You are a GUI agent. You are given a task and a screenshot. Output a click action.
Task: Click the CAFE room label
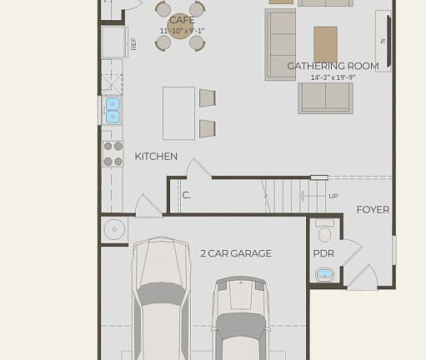click(181, 20)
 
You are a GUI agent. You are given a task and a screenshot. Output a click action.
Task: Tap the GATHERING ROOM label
click(333, 66)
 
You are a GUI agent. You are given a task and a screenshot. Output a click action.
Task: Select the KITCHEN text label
click(156, 156)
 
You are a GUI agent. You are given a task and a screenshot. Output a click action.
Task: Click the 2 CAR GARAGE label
click(235, 253)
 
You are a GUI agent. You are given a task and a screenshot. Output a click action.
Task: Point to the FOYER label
click(373, 210)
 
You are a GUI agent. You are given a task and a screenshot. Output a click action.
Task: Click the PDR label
click(323, 253)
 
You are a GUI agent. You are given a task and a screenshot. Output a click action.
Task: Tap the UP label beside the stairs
click(333, 197)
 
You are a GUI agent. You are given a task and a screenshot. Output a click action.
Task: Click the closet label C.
click(186, 196)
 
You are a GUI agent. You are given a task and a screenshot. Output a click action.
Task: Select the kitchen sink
click(113, 110)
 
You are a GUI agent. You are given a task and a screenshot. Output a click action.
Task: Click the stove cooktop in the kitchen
click(113, 153)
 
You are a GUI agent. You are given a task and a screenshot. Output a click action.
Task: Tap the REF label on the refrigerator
click(133, 43)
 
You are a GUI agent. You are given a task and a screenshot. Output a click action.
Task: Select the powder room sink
click(324, 274)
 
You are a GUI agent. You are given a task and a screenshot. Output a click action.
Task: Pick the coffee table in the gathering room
click(325, 44)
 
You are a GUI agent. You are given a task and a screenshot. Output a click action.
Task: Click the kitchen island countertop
click(178, 112)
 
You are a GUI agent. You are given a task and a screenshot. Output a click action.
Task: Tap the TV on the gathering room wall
click(383, 40)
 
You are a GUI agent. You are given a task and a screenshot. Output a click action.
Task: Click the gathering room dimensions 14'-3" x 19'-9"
click(333, 77)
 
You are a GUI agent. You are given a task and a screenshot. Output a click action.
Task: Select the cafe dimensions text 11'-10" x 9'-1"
click(181, 32)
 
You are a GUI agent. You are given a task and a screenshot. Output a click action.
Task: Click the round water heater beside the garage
click(113, 229)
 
